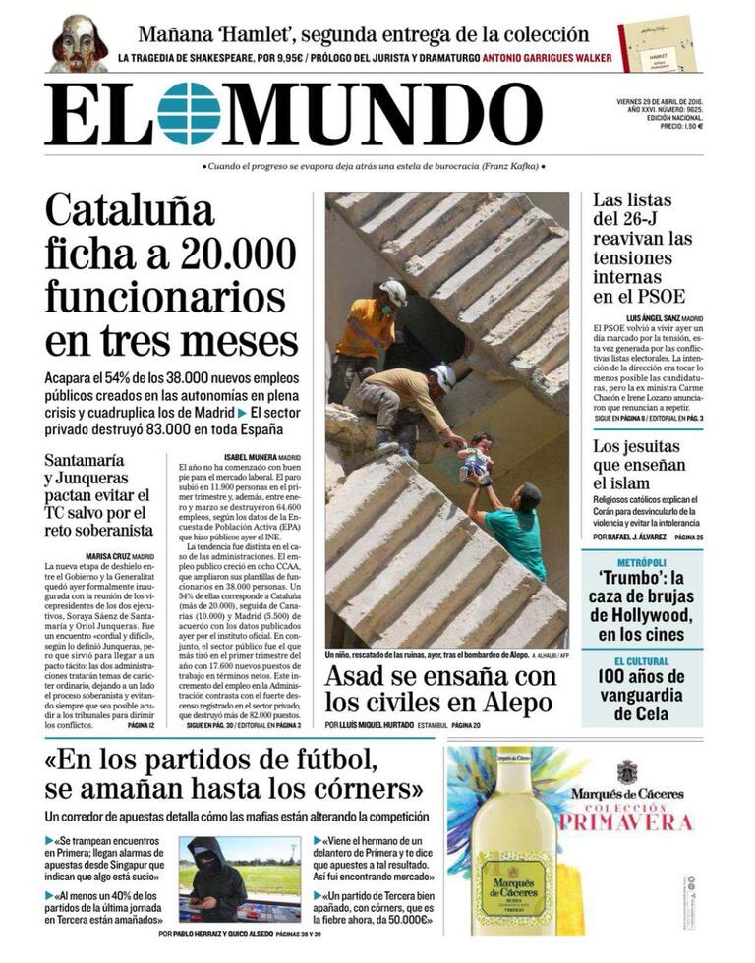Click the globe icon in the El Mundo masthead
[x=189, y=114]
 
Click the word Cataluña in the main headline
[x=130, y=209]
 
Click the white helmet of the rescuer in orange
[x=393, y=292]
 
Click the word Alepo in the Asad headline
[x=504, y=702]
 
